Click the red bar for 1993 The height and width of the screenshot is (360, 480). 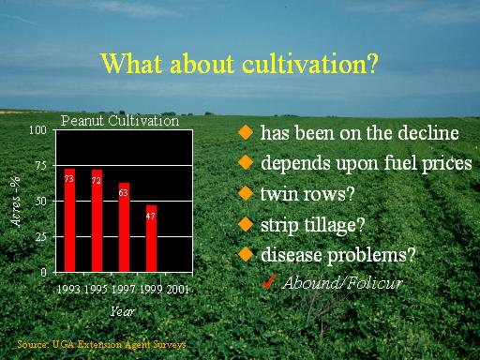69,220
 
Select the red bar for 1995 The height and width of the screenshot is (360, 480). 97,220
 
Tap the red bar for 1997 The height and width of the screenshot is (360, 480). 124,227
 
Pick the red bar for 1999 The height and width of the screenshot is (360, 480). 151,238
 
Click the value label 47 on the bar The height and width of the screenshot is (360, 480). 151,216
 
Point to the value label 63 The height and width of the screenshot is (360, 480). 124,193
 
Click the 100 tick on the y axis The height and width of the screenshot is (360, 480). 37,130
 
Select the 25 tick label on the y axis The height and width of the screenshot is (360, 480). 41,237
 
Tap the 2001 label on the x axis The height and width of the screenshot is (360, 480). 177,290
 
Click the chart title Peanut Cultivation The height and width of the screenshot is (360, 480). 120,121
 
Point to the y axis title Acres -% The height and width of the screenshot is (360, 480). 15,201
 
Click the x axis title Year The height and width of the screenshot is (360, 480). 122,311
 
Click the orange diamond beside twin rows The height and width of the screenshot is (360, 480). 246,193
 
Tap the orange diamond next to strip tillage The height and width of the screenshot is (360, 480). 246,224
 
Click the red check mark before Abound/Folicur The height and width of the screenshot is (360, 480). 269,282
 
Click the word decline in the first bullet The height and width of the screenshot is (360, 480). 428,132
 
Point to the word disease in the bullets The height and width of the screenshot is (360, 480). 291,254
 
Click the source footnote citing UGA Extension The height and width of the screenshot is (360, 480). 101,344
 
